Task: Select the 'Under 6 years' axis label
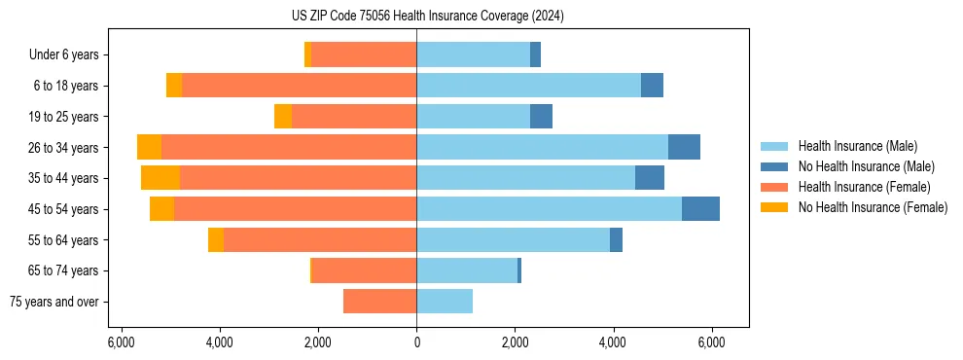point(70,55)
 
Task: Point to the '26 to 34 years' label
point(64,148)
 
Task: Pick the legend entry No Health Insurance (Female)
point(873,207)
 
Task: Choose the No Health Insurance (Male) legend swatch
point(774,166)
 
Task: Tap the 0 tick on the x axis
point(416,342)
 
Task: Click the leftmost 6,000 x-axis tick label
point(121,342)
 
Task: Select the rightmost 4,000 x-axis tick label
point(613,342)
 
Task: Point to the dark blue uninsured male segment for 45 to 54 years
point(700,209)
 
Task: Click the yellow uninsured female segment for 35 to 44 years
point(160,178)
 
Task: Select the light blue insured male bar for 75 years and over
point(445,302)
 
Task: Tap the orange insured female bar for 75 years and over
point(379,302)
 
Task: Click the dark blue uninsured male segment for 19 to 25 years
point(541,117)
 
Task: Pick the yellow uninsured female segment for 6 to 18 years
point(174,86)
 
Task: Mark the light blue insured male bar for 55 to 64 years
point(513,240)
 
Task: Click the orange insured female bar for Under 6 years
point(364,55)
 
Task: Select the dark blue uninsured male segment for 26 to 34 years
point(684,147)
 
